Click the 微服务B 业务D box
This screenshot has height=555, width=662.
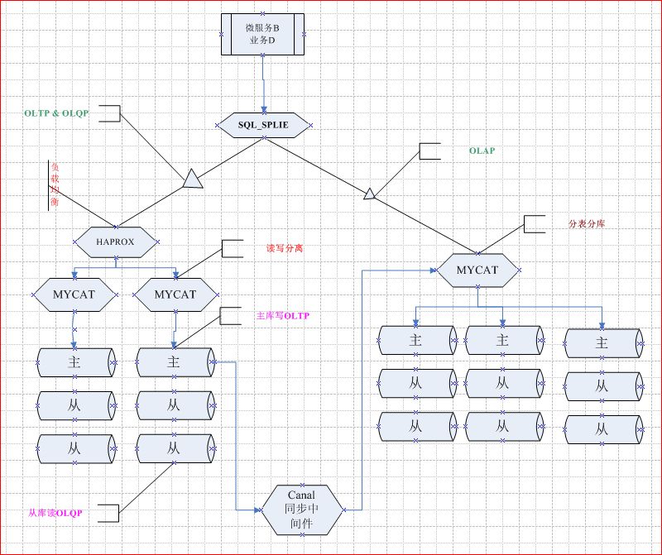click(263, 34)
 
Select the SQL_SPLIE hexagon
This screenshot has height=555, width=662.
click(265, 124)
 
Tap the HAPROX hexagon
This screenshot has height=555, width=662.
click(115, 242)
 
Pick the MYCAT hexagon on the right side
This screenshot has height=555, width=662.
click(477, 270)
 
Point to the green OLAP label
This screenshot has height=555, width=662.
click(482, 151)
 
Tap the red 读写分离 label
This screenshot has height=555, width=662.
click(284, 248)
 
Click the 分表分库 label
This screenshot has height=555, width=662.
click(586, 224)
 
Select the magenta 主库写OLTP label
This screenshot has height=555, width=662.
click(283, 315)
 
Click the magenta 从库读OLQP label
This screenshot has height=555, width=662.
click(56, 514)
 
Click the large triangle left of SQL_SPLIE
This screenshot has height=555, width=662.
click(191, 178)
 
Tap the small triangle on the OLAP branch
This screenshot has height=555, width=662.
click(370, 194)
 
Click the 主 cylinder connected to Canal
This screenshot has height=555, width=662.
click(174, 361)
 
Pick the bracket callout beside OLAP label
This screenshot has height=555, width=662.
click(430, 151)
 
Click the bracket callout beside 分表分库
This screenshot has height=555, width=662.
click(534, 224)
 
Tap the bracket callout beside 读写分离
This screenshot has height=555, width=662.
click(231, 248)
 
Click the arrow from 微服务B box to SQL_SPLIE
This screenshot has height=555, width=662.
click(263, 83)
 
